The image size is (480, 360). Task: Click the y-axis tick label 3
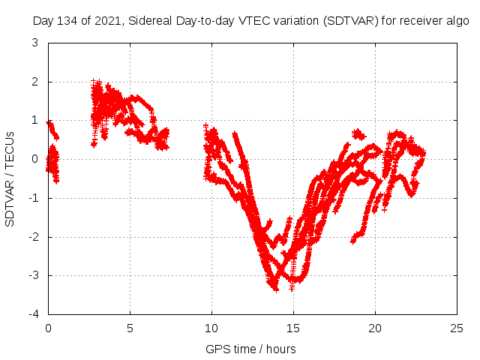35,43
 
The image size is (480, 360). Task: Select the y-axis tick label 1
35,120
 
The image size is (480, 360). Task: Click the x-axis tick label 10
211,328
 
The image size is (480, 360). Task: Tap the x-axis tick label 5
130,328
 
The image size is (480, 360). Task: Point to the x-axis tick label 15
293,328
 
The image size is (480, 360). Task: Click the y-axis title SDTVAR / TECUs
10,178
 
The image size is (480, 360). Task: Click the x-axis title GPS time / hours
250,349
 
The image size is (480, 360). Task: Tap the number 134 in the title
67,21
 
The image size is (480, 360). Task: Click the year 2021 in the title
105,21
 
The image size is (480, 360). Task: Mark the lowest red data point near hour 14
276,289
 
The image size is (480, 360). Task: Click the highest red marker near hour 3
94,80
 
